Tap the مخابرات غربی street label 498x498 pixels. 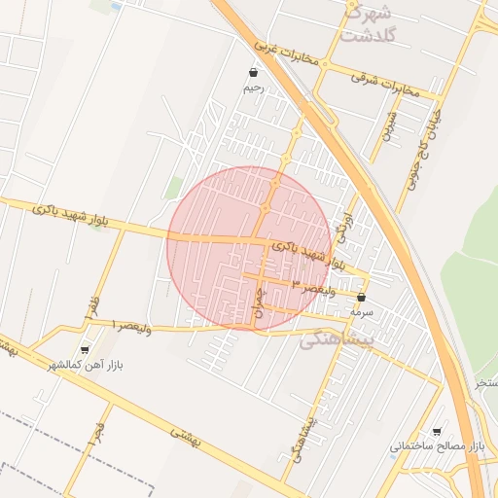pos(287,53)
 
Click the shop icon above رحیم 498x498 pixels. pos(254,72)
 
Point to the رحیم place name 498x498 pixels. pos(254,88)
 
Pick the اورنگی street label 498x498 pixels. pos(341,228)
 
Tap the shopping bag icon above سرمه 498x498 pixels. pos(362,298)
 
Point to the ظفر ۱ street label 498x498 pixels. pos(93,307)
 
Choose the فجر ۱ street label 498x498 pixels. pos(98,433)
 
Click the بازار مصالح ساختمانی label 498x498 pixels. pos(437,446)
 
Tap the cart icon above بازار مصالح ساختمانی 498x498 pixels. pos(437,431)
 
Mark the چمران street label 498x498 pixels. pos(259,309)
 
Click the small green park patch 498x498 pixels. pos(173,188)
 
